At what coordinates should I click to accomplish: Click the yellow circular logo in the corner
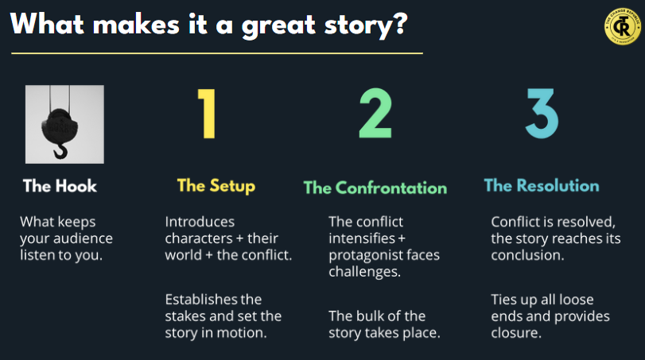coord(623,27)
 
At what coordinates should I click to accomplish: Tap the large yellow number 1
coord(208,114)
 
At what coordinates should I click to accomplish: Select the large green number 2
coord(375,114)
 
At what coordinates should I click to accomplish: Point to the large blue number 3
coord(542,114)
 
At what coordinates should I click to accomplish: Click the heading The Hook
coord(60,186)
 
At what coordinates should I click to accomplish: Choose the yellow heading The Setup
coord(216,186)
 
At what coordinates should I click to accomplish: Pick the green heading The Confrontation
coord(375,188)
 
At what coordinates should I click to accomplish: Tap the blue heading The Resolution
coord(542,186)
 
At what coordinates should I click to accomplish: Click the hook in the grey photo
coord(61,151)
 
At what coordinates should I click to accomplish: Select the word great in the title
coord(278,25)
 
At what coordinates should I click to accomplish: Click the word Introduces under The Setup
coord(200,222)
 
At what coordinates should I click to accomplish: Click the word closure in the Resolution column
coord(516,333)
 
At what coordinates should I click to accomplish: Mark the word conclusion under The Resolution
coord(527,255)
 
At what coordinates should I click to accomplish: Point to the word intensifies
coord(362,238)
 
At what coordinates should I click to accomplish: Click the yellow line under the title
coord(217,53)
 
